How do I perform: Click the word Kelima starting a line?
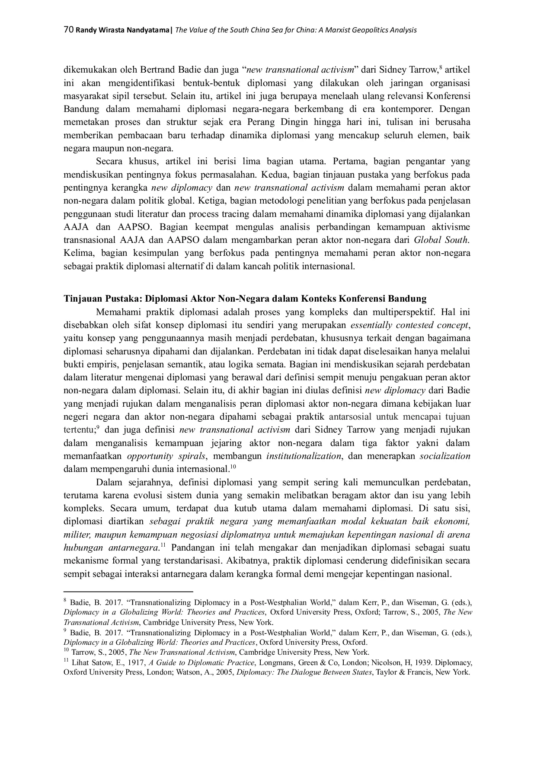76,253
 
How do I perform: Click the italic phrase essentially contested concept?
409,325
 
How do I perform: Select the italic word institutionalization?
304,456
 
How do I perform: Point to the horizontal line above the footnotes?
128,591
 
